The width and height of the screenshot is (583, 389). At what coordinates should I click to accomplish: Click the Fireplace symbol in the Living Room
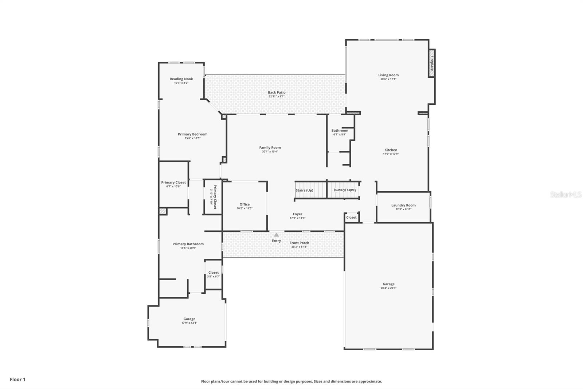point(432,63)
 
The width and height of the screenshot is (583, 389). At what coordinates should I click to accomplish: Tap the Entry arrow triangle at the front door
point(276,235)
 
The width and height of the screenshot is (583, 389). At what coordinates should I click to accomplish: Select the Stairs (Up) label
point(304,190)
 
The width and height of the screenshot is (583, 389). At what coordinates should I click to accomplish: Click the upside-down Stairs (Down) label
point(345,190)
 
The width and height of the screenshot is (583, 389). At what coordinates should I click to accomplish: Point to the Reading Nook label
point(181,79)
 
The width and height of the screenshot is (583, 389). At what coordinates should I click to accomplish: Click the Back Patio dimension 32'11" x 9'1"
point(277,97)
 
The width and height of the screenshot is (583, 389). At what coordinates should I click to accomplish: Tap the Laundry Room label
point(403,205)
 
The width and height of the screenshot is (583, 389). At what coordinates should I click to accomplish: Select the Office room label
point(244,204)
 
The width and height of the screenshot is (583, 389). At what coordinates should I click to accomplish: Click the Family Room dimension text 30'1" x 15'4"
point(270,152)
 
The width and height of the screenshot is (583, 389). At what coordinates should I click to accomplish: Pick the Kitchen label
point(391,150)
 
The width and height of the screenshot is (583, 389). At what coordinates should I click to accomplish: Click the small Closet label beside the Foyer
point(351,217)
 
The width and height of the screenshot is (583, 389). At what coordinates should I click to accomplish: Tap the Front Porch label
point(299,243)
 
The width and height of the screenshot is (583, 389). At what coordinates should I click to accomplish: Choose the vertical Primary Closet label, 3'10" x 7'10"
point(214,197)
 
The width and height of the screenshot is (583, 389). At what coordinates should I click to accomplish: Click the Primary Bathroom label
point(188,244)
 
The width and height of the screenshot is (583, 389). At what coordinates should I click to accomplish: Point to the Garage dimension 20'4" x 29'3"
point(388,288)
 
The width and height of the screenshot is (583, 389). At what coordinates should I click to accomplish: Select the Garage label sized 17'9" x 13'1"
point(189,319)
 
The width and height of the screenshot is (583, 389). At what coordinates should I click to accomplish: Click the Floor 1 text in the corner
point(17,380)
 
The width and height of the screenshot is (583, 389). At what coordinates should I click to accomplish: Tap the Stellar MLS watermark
point(566,194)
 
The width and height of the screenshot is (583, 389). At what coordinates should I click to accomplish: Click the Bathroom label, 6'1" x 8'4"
point(340,130)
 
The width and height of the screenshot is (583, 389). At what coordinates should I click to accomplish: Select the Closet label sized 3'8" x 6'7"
point(214,273)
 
